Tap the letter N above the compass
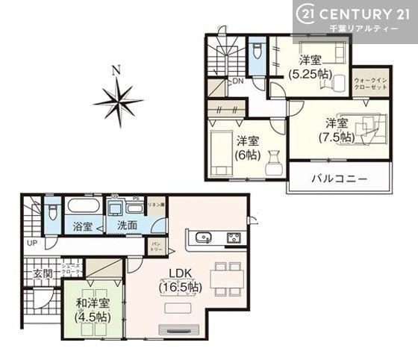[x=116, y=71]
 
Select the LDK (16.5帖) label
[x=178, y=280]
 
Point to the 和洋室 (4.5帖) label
[x=93, y=310]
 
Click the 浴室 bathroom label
[x=82, y=226]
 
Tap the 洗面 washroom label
[x=125, y=226]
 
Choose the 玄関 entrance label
[x=42, y=274]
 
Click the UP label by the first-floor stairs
[x=31, y=243]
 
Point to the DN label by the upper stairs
[x=237, y=81]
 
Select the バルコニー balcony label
[x=340, y=179]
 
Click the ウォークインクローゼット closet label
[x=371, y=82]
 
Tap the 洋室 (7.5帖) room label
[x=336, y=130]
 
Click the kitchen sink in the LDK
[x=202, y=239]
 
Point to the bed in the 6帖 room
[x=220, y=153]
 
